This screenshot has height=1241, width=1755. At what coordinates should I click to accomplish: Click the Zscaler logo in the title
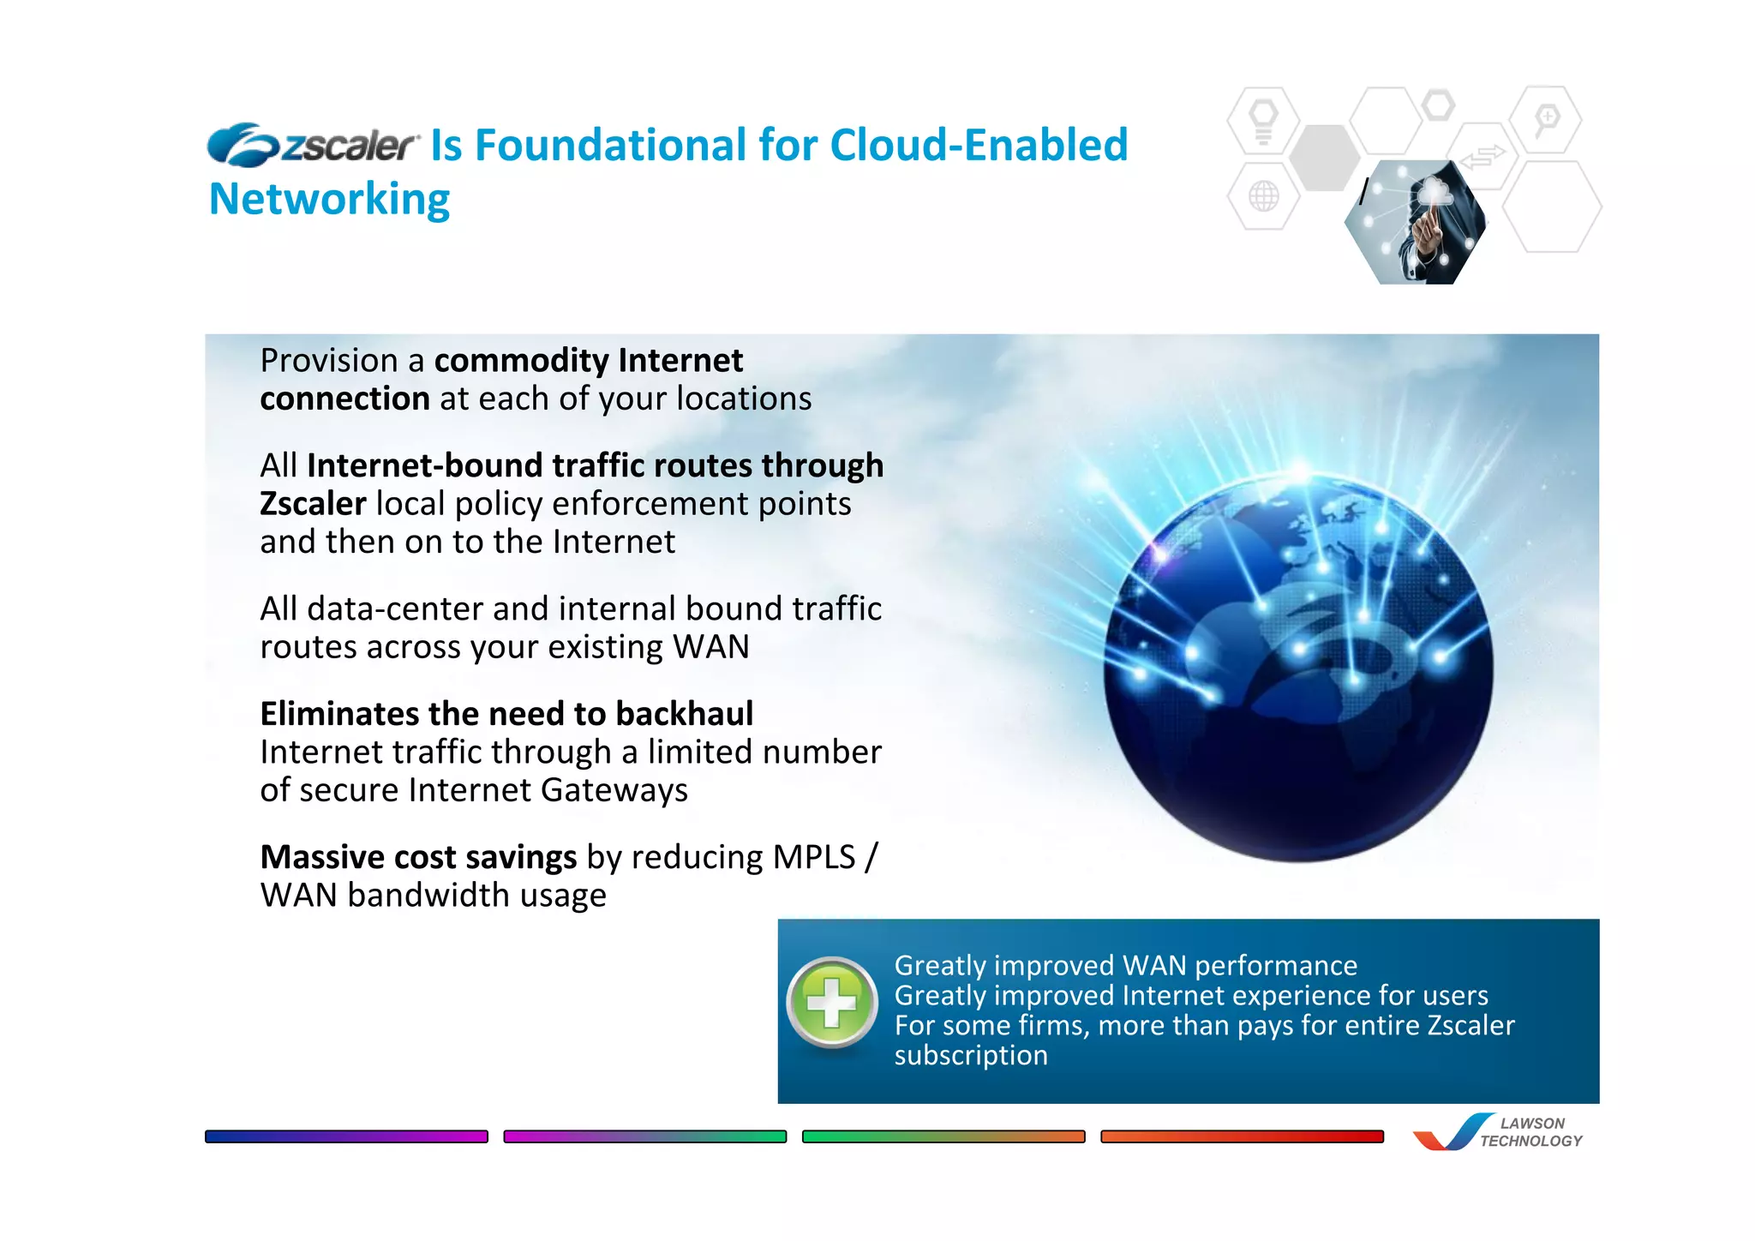tap(313, 145)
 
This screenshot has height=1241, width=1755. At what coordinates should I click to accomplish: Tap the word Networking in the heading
tap(330, 200)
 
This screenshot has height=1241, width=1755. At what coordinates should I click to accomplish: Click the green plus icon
tap(832, 1002)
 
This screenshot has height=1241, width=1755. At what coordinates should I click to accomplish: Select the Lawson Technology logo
tap(1498, 1131)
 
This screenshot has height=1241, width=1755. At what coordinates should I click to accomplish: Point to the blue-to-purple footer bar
tap(346, 1136)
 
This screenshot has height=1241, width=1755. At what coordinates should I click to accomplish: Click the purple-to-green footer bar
tap(644, 1136)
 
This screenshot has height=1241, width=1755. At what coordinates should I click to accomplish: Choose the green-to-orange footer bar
tap(943, 1136)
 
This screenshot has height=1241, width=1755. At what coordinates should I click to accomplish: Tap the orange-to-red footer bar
tap(1242, 1136)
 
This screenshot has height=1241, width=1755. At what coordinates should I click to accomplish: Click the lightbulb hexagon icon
tap(1263, 121)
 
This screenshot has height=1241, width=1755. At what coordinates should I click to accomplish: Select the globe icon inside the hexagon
tap(1263, 196)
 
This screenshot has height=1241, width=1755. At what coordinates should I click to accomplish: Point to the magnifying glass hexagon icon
tap(1546, 119)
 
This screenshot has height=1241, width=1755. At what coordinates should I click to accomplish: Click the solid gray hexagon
tap(1325, 158)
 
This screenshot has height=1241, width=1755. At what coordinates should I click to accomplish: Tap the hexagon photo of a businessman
tap(1416, 223)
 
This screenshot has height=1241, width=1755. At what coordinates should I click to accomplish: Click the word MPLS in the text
tap(814, 857)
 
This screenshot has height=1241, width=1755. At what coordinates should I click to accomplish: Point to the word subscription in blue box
tap(971, 1055)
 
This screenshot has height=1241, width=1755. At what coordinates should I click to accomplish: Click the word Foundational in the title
tap(610, 145)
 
